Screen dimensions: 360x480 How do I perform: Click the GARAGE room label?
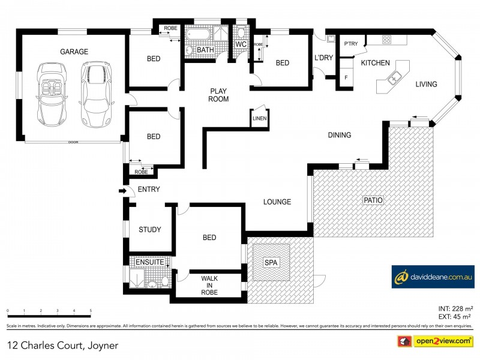tap(74, 52)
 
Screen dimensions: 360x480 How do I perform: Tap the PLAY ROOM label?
tap(218, 95)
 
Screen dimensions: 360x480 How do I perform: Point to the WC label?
tap(241, 44)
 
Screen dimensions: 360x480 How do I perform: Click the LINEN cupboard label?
tap(259, 119)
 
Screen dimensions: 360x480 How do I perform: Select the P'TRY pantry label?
tap(350, 44)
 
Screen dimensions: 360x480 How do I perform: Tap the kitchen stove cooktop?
tap(387, 40)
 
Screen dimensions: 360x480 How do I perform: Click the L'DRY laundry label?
tap(323, 58)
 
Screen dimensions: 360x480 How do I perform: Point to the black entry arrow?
tap(125, 191)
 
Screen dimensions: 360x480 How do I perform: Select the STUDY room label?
tap(149, 229)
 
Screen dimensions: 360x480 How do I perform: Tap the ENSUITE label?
tap(146, 262)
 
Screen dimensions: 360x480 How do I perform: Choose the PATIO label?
tap(372, 200)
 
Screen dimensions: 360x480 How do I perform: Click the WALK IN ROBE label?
tap(209, 285)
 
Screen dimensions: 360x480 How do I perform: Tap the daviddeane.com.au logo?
tap(433, 277)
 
